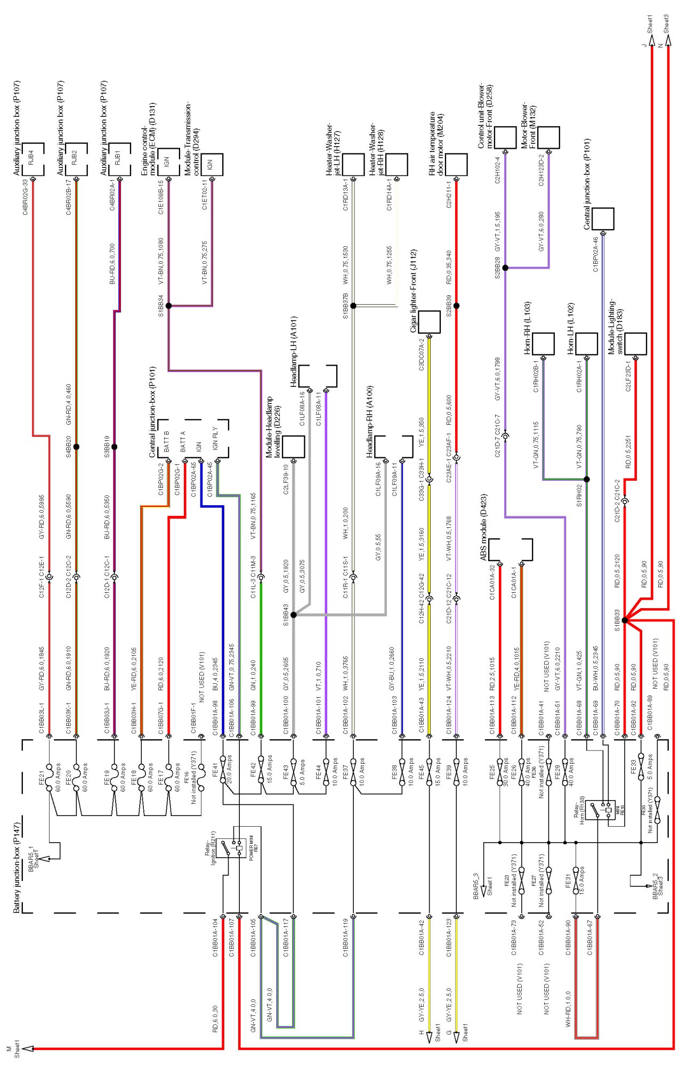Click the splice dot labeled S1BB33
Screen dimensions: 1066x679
click(625, 620)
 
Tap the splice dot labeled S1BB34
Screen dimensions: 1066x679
click(168, 306)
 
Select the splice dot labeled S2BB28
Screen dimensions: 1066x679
click(505, 268)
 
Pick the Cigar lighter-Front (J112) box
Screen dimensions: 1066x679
click(429, 322)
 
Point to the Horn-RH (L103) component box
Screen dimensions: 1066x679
click(543, 344)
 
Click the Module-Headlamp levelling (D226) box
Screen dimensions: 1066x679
click(293, 447)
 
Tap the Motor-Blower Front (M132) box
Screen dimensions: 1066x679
click(548, 138)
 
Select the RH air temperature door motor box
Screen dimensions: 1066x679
click(456, 164)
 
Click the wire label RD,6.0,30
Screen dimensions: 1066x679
click(215, 1019)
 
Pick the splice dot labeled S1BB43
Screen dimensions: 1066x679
click(293, 615)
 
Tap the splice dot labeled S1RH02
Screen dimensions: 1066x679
click(587, 479)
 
